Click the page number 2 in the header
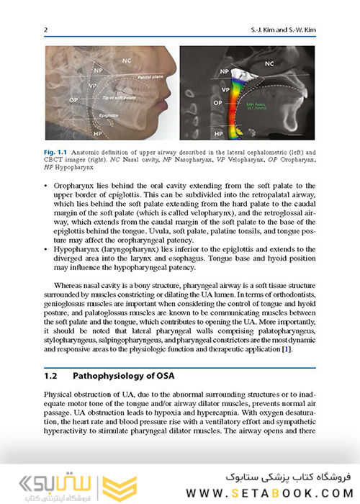46,29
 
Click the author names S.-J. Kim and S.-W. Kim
282,29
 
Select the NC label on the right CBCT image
269,64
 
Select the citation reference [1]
286,348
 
